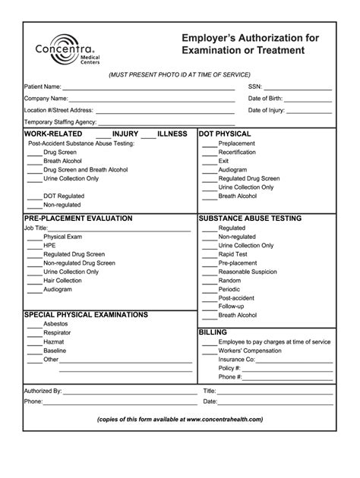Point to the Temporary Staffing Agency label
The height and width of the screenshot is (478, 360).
pos(60,122)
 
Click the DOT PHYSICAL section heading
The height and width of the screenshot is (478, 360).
pos(225,134)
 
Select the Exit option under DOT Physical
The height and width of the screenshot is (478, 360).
pos(223,161)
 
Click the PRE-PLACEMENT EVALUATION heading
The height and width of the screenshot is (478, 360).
pos(78,219)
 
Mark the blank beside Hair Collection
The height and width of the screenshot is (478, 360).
pos(34,281)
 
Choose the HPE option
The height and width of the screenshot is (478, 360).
pos(49,246)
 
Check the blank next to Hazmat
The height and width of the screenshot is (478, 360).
pos(34,342)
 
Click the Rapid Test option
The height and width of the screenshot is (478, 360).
pos(232,254)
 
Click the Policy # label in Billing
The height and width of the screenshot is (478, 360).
pos(231,368)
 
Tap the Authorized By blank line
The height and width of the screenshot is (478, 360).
pos(129,392)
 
